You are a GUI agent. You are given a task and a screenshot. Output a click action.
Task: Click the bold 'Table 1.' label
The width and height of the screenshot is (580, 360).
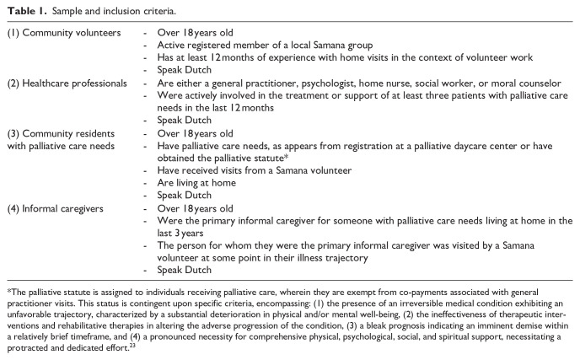pos(21,10)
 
